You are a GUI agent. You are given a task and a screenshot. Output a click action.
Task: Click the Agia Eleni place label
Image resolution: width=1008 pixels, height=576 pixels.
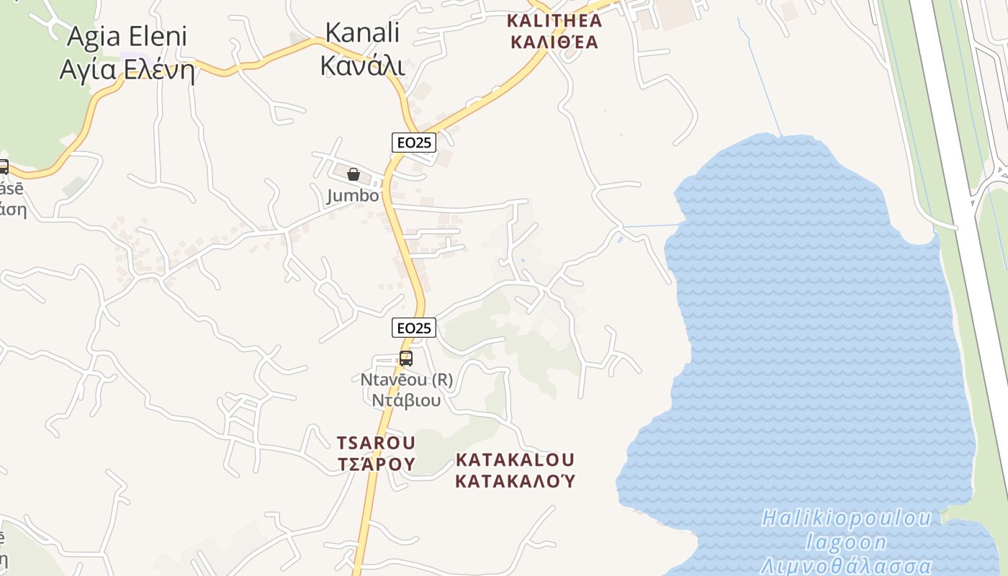[x=127, y=37]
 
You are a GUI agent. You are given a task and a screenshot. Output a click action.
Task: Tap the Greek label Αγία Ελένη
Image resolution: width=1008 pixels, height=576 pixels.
[x=127, y=70]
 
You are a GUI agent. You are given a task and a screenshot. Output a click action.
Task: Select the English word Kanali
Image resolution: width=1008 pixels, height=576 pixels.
[x=362, y=32]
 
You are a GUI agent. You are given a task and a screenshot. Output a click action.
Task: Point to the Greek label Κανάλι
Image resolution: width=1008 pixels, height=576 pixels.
[x=362, y=66]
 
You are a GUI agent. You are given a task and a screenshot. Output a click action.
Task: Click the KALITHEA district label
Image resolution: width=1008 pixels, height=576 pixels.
[x=554, y=19]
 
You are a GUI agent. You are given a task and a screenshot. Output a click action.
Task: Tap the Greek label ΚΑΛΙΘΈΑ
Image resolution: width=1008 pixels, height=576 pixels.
[x=554, y=42]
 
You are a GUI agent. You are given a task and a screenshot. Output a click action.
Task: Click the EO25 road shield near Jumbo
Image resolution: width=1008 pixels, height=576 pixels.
[x=414, y=143]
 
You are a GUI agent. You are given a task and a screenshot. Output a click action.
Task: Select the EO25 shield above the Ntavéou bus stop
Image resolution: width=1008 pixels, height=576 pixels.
[x=414, y=328]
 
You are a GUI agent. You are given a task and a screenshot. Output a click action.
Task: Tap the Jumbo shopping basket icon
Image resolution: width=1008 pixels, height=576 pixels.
[x=354, y=174]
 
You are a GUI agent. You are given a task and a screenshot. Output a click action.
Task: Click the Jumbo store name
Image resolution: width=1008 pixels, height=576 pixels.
[x=353, y=196]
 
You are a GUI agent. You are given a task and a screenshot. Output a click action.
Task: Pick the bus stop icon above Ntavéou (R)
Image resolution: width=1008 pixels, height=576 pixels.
[x=406, y=358]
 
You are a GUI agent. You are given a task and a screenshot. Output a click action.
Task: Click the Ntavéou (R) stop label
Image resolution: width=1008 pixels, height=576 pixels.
[x=406, y=379]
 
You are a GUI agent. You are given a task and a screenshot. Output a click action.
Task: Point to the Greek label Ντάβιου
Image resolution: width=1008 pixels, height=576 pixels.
[x=406, y=400]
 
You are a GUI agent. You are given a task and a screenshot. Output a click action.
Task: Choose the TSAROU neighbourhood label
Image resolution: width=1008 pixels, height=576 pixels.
[x=376, y=442]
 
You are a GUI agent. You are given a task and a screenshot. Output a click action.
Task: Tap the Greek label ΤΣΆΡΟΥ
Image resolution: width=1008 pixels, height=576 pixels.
[x=376, y=464]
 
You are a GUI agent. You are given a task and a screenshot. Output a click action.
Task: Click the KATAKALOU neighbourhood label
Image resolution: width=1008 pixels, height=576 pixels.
[x=516, y=459]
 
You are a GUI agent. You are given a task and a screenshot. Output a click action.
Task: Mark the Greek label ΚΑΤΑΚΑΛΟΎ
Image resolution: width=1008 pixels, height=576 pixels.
[x=516, y=481]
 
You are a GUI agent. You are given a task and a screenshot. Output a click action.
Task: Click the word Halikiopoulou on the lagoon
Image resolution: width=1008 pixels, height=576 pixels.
[x=847, y=518]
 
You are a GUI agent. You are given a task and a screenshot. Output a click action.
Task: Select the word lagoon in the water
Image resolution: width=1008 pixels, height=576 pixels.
[x=847, y=541]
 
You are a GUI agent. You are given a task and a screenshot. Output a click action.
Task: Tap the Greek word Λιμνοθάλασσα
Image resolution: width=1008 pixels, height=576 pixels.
[x=847, y=565]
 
